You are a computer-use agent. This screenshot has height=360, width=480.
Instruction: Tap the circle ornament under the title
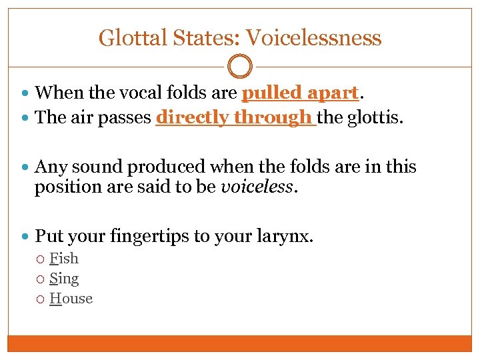(240, 67)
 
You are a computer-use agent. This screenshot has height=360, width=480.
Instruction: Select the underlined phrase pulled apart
(301, 92)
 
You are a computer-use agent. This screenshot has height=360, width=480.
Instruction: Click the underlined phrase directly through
(235, 118)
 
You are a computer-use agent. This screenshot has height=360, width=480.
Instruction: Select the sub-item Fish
(64, 259)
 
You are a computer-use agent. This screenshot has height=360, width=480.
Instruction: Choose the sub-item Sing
(64, 279)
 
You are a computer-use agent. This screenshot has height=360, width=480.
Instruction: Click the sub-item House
(71, 299)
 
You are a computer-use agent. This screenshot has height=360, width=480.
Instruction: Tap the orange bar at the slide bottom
(240, 343)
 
